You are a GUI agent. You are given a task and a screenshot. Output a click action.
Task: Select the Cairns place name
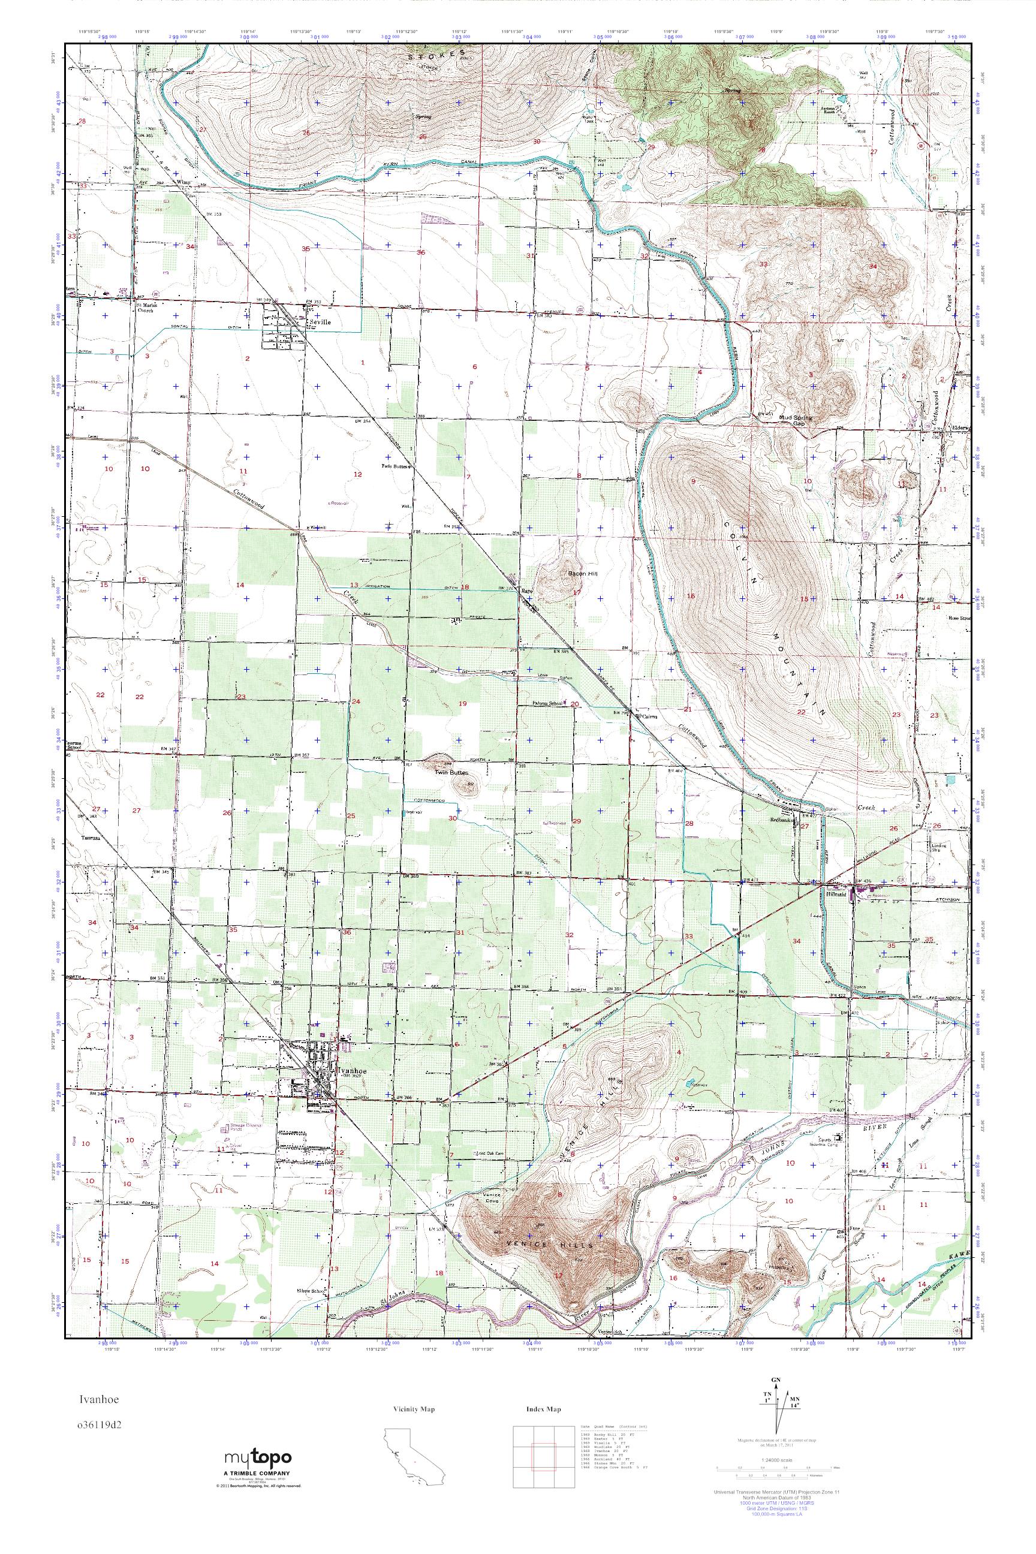pos(647,715)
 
